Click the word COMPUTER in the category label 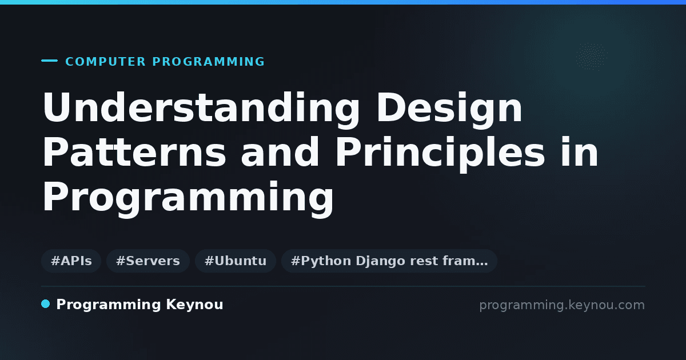click(106, 62)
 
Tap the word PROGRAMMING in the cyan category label click(209, 62)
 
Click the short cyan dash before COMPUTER click(49, 61)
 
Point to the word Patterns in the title click(134, 152)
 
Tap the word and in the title click(280, 152)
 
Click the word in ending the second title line click(580, 152)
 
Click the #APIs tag click(71, 261)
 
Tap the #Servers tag click(148, 261)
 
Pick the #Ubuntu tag click(236, 261)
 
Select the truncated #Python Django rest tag click(389, 261)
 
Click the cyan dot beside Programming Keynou click(46, 304)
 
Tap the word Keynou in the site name click(194, 305)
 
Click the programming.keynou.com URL click(562, 305)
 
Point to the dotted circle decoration click(591, 57)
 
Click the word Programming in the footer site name click(109, 305)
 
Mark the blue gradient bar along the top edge click(343, 2)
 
